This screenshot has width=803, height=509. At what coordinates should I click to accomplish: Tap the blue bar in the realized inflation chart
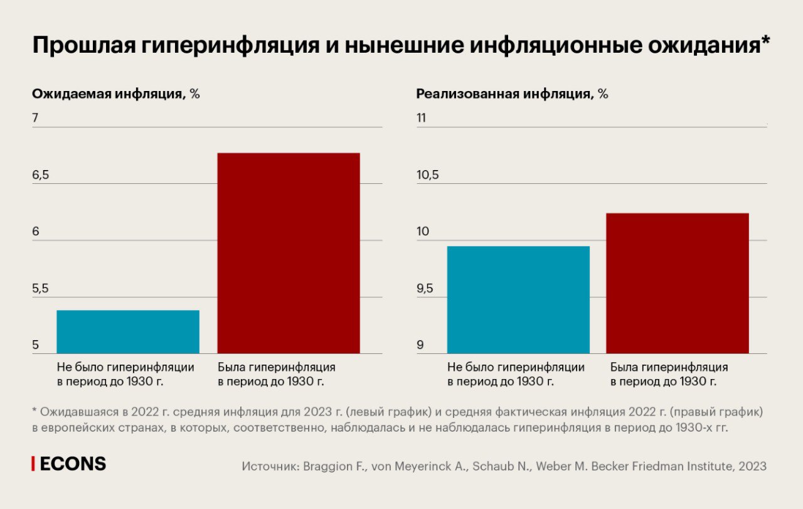pos(518,299)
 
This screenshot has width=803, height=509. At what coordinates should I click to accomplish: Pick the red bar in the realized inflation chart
pos(678,283)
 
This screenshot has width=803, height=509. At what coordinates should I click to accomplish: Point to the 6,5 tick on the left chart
pos(41,175)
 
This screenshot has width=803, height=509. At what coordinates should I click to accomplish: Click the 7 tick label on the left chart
pos(35,118)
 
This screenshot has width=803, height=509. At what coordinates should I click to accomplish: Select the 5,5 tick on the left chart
pos(41,289)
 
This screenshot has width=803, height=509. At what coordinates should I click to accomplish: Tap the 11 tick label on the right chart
pos(422,118)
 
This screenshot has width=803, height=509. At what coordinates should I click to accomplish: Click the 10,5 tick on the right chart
pos(428,175)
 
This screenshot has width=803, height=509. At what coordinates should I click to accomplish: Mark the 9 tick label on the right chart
pos(420,346)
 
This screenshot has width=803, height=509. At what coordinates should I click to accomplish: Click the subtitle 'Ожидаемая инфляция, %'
pos(116,94)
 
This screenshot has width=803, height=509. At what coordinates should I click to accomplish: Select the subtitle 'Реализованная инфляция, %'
pos(513,94)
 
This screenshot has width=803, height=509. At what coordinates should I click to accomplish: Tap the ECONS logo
pos(70,464)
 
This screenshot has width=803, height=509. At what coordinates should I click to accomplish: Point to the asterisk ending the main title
pos(765,43)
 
